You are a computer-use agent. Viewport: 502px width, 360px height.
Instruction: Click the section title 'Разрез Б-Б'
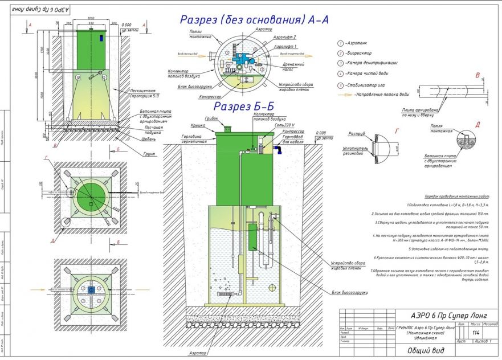243,107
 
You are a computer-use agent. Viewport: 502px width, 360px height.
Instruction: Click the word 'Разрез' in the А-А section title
200,19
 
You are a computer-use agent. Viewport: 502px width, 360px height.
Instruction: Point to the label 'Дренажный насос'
293,67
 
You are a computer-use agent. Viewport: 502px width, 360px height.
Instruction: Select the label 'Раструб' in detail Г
354,136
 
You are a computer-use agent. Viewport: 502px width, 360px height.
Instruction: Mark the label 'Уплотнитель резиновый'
357,152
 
